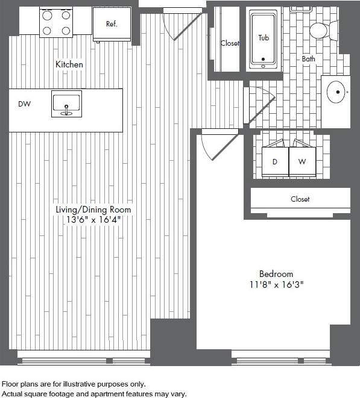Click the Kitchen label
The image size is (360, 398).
[69, 64]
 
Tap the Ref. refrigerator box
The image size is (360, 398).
[112, 24]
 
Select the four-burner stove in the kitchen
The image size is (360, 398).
[56, 23]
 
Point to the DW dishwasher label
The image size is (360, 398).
[24, 104]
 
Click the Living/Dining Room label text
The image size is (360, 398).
[93, 210]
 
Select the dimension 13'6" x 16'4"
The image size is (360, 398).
[93, 220]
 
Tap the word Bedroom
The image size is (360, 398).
[276, 273]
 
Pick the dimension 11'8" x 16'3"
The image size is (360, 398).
[276, 284]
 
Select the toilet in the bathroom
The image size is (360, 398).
[323, 30]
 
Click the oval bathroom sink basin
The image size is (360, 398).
[335, 93]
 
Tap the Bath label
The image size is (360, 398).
[308, 59]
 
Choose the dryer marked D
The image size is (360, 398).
[275, 161]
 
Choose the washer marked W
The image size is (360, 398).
[302, 161]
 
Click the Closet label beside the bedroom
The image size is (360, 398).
[300, 199]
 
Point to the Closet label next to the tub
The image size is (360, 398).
[230, 43]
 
